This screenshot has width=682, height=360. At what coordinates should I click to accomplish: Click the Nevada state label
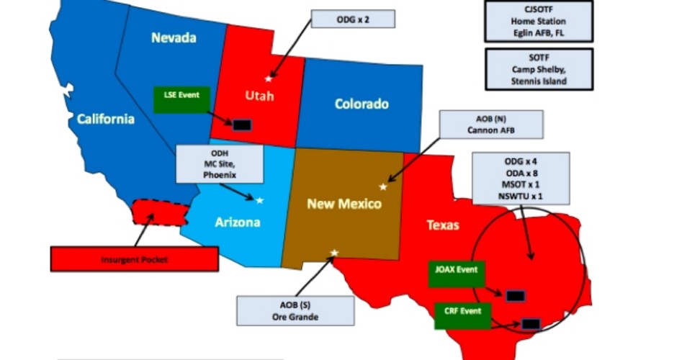pos(174,38)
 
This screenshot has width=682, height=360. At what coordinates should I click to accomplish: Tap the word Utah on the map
pos(259,96)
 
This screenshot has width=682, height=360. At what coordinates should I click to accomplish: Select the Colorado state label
pos(362,104)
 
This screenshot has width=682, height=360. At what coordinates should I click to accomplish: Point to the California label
pos(105,119)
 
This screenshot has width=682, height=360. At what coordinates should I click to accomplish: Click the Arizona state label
pos(238,222)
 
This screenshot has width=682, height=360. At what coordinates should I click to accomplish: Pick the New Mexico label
pos(344,204)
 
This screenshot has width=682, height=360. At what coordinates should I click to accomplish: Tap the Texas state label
pos(443,225)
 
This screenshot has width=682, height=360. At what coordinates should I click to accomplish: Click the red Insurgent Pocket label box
pos(134,258)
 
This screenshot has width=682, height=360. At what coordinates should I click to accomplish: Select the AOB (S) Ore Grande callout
pos(295,310)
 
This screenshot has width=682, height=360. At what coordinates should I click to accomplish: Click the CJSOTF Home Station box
pos(539,21)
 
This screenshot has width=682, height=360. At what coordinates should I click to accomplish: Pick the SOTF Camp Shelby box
pos(539,70)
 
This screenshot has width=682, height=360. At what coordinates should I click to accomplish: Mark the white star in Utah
pos(269,78)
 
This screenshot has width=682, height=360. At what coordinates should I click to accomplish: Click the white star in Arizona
pos(259,200)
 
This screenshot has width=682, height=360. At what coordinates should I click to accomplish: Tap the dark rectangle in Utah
pos(242,125)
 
